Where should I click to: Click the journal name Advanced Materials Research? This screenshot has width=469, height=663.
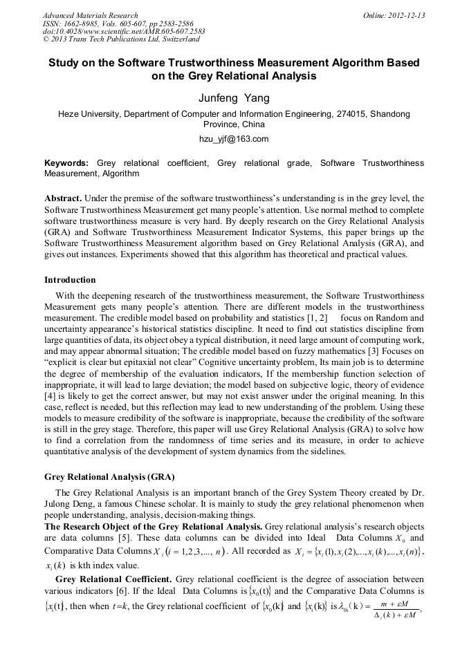(x=90, y=15)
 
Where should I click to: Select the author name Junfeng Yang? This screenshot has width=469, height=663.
(x=234, y=98)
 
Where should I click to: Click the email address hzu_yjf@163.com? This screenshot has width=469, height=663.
(x=234, y=139)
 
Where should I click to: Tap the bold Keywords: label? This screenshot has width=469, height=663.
(x=66, y=163)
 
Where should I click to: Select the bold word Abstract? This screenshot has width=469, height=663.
(x=63, y=198)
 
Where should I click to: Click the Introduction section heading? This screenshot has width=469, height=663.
(x=70, y=280)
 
